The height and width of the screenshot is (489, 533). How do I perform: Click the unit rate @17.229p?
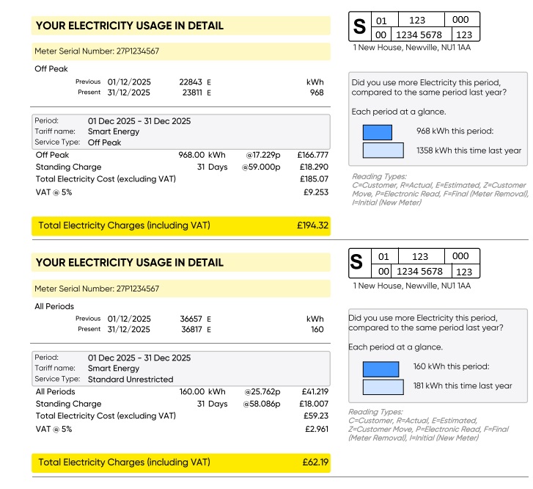pos(262,156)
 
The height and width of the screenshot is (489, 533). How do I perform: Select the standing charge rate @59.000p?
pos(261,167)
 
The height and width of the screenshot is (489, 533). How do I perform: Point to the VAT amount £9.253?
pos(315,192)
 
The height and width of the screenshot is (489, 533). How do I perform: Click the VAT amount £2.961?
pos(316,429)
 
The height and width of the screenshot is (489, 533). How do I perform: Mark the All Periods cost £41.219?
pos(315,392)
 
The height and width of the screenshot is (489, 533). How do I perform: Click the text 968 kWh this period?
pos(455,131)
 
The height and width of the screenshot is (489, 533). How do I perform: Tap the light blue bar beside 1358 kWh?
pos(383,151)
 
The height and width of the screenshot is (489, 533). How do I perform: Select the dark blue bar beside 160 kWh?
pos(383,366)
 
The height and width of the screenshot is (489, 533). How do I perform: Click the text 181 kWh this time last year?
pos(463,385)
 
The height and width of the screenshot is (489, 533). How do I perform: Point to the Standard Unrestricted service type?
pos(131,380)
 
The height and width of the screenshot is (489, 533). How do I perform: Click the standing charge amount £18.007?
pos(315,404)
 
